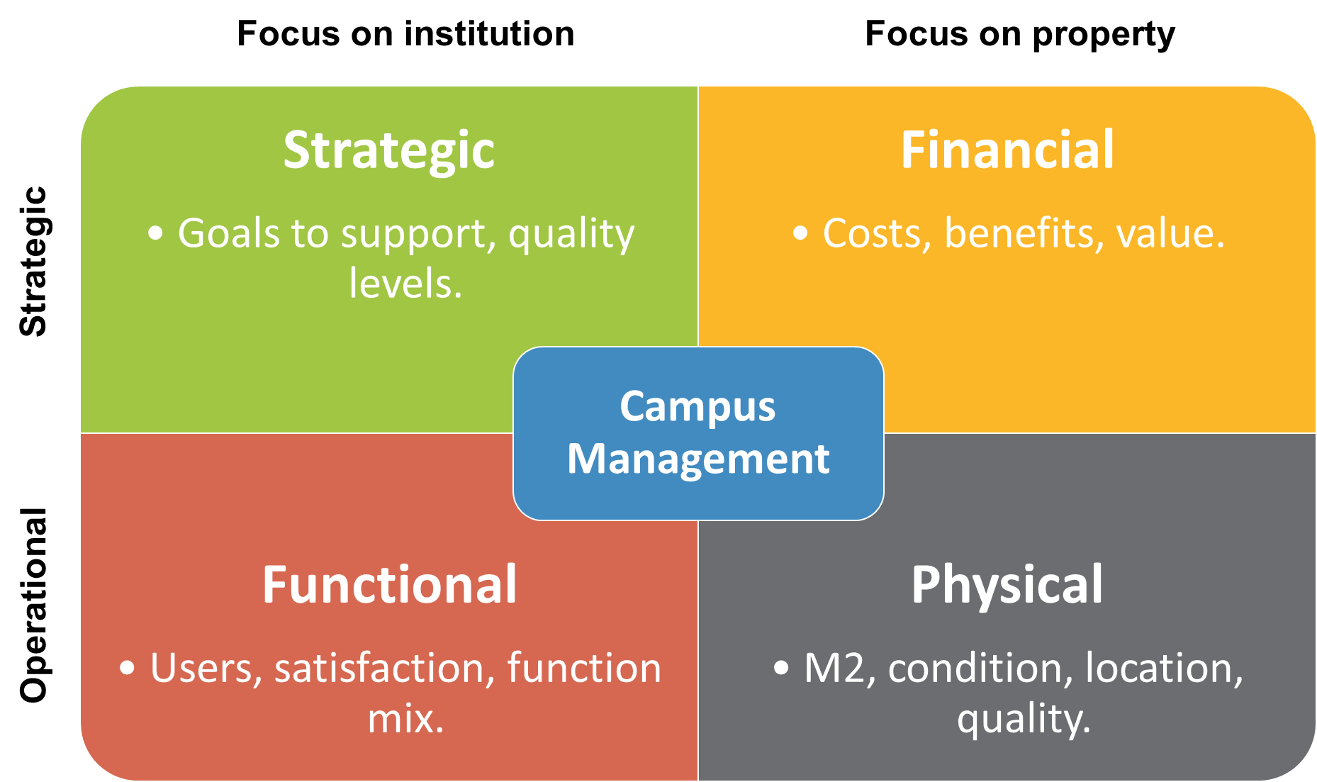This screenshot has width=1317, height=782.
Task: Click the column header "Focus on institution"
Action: pos(405,34)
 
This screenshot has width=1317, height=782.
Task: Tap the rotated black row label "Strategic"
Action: pos(34,261)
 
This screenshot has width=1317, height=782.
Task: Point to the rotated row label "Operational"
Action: pos(34,605)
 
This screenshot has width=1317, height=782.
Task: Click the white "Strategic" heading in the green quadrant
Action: pos(389,151)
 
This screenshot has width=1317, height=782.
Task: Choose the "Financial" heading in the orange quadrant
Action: pos(1007,150)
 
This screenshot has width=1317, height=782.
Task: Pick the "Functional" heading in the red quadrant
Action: pos(389,585)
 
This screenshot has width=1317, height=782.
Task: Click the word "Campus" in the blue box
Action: pos(697,408)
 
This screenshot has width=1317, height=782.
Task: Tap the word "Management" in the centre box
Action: pos(698,459)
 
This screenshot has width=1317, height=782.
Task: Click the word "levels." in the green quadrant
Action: pos(405,284)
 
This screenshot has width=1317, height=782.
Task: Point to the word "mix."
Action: pos(405,719)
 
